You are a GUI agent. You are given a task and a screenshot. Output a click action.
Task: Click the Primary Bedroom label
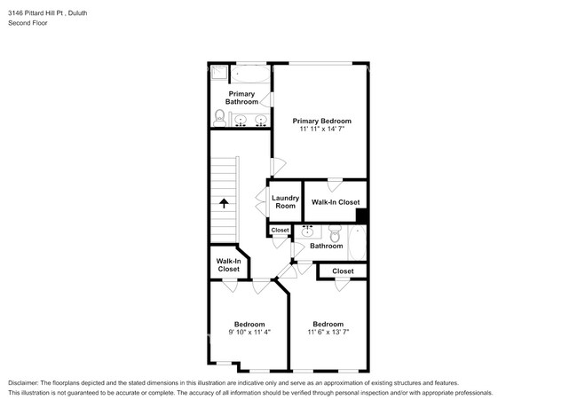pyautogui.click(x=321, y=121)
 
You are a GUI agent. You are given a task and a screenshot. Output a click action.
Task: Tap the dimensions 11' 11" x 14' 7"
pyautogui.click(x=321, y=130)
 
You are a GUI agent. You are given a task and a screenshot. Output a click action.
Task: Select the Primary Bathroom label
pyautogui.click(x=241, y=98)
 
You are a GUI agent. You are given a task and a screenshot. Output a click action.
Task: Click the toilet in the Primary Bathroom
pyautogui.click(x=219, y=114)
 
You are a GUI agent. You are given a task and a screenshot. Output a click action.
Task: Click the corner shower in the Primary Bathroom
pyautogui.click(x=217, y=72)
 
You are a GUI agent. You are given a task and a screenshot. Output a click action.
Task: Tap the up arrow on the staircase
pyautogui.click(x=224, y=202)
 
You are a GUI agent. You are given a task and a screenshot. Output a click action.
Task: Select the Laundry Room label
pyautogui.click(x=284, y=201)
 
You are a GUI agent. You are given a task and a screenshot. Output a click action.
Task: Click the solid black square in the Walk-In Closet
pyautogui.click(x=361, y=215)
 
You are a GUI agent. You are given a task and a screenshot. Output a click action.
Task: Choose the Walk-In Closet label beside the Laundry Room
pyautogui.click(x=335, y=202)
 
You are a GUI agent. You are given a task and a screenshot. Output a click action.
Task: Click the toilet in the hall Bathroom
pyautogui.click(x=335, y=234)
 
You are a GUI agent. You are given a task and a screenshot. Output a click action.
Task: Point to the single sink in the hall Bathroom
pyautogui.click(x=308, y=232)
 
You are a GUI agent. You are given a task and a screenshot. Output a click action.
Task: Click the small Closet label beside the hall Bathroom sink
pyautogui.click(x=280, y=230)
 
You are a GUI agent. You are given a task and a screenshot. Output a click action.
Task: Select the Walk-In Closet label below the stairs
pyautogui.click(x=228, y=264)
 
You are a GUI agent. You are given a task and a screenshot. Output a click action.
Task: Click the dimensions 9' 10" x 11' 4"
pyautogui.click(x=249, y=333)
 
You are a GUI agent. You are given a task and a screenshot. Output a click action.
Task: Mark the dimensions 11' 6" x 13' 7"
pyautogui.click(x=328, y=333)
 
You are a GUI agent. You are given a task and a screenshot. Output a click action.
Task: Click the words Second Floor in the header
pyautogui.click(x=28, y=23)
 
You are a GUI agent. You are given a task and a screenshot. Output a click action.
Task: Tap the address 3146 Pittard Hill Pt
pyautogui.click(x=44, y=13)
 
